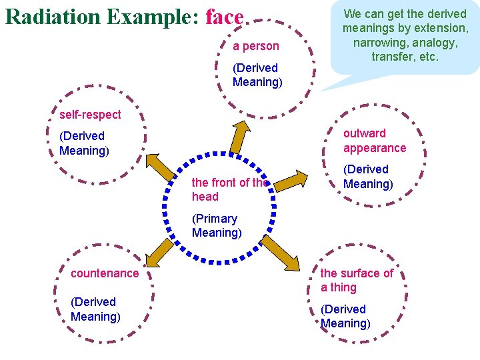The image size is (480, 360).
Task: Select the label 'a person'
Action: pyautogui.click(x=256, y=47)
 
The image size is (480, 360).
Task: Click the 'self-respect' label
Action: pyautogui.click(x=90, y=114)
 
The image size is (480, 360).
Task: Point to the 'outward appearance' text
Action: pyautogui.click(x=374, y=141)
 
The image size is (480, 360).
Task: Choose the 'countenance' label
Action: pyautogui.click(x=105, y=273)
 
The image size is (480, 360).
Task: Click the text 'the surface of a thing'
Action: pyautogui.click(x=357, y=280)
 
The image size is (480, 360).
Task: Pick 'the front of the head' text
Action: pyautogui.click(x=229, y=189)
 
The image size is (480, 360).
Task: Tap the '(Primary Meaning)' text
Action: pyautogui.click(x=216, y=225)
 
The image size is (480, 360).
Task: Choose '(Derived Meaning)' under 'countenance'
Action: pyautogui.click(x=95, y=309)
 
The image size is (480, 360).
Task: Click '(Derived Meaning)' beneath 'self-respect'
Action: pyautogui.click(x=84, y=143)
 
